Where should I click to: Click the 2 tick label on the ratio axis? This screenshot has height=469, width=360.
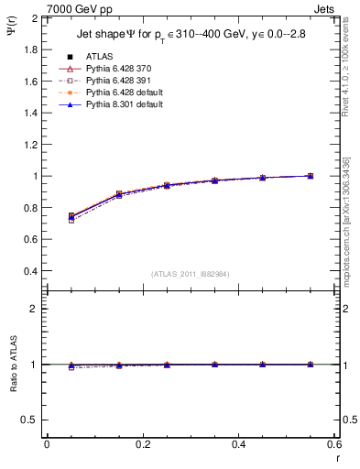(x=33, y=309)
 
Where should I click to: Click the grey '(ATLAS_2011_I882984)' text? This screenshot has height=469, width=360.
(x=191, y=274)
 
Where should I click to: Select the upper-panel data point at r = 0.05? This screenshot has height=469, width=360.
(x=71, y=217)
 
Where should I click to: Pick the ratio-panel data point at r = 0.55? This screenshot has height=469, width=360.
(x=311, y=365)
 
